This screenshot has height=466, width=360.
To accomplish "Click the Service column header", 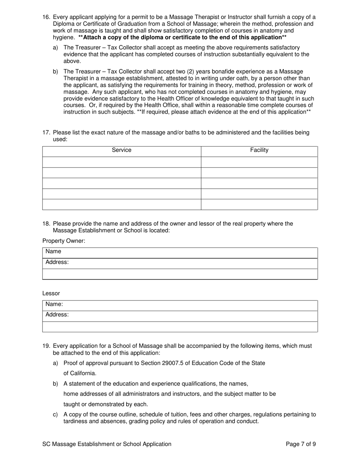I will (122, 150).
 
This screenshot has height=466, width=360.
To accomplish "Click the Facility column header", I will (259, 150).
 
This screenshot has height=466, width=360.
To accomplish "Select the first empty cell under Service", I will (122, 162).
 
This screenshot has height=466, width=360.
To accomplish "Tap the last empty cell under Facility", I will (259, 205).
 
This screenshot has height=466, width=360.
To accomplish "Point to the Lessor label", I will (51, 294).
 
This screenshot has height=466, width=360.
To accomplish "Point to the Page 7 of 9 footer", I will (301, 444).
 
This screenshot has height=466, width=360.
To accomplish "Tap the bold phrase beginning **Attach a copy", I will (182, 38).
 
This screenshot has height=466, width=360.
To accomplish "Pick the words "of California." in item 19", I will (80, 374).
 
